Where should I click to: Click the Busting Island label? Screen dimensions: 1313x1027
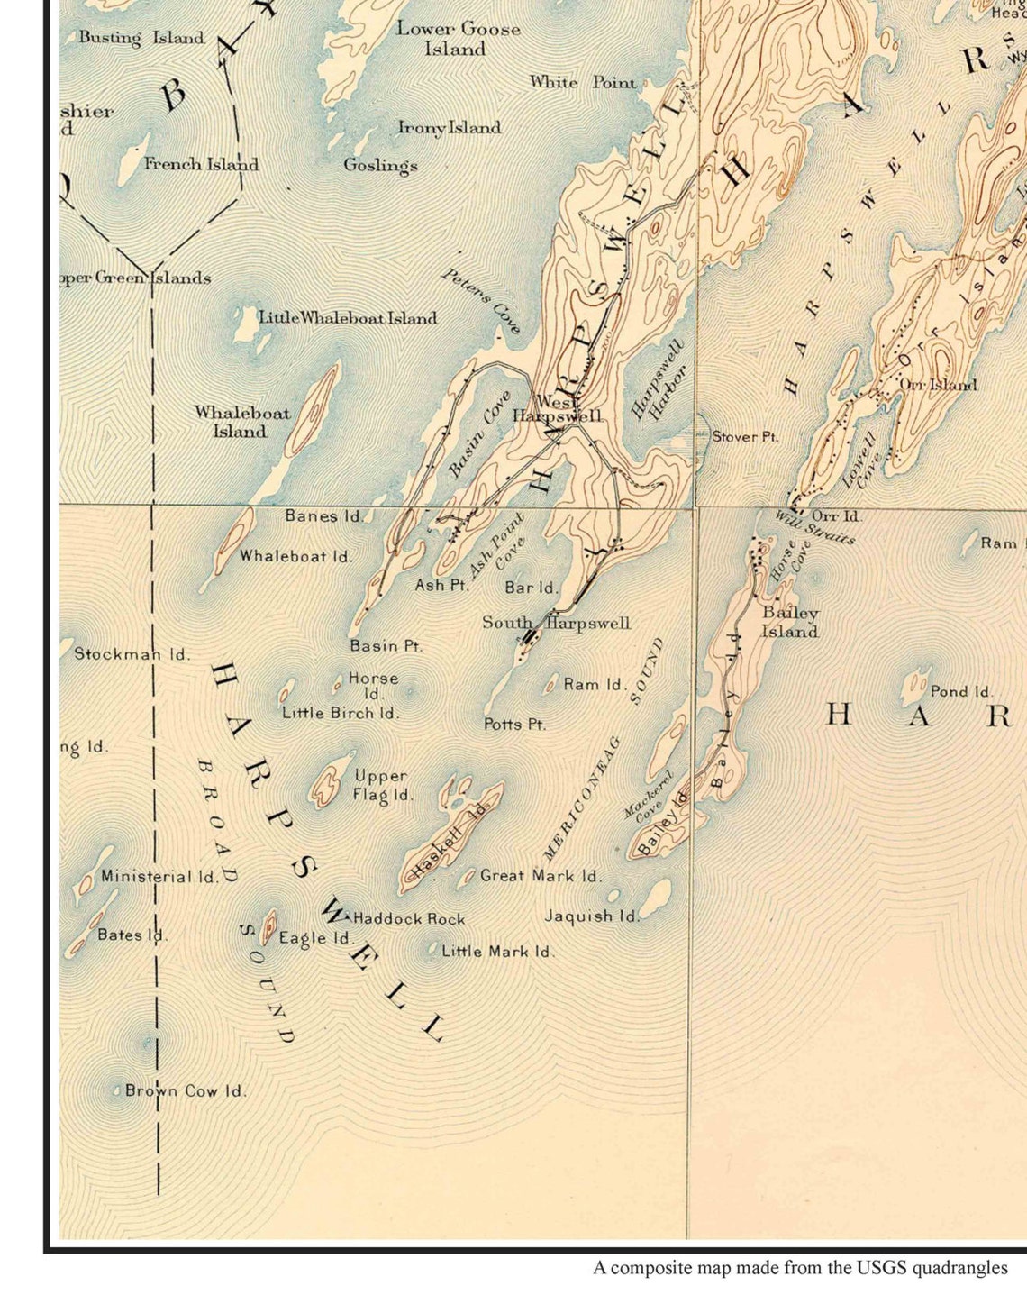[x=141, y=38]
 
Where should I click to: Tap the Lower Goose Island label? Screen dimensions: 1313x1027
[x=458, y=39]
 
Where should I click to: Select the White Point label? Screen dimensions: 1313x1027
[x=583, y=82]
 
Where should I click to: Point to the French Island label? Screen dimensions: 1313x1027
[x=201, y=164]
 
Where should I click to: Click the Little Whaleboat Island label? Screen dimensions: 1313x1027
[x=348, y=317]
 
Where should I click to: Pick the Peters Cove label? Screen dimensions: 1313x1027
[x=481, y=300]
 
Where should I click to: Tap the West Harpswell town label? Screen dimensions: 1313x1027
[x=557, y=409]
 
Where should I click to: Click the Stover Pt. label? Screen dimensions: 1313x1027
[x=745, y=436]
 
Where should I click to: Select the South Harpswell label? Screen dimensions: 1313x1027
[x=556, y=623]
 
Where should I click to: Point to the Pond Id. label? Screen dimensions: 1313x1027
[x=960, y=691]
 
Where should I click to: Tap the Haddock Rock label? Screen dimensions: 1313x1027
[x=409, y=918]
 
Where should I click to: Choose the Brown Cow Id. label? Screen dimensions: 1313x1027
[x=185, y=1090]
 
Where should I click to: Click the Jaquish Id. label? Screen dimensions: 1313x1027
[x=592, y=916]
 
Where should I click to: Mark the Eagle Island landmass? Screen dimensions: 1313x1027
[x=268, y=925]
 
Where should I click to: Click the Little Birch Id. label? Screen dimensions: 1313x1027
[x=340, y=712]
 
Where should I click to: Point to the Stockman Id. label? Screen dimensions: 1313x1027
[x=132, y=654]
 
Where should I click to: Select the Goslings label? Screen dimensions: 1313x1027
[x=380, y=165]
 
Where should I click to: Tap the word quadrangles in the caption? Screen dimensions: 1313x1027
[x=959, y=1268]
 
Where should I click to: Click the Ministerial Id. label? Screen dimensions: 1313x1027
[x=159, y=876]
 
